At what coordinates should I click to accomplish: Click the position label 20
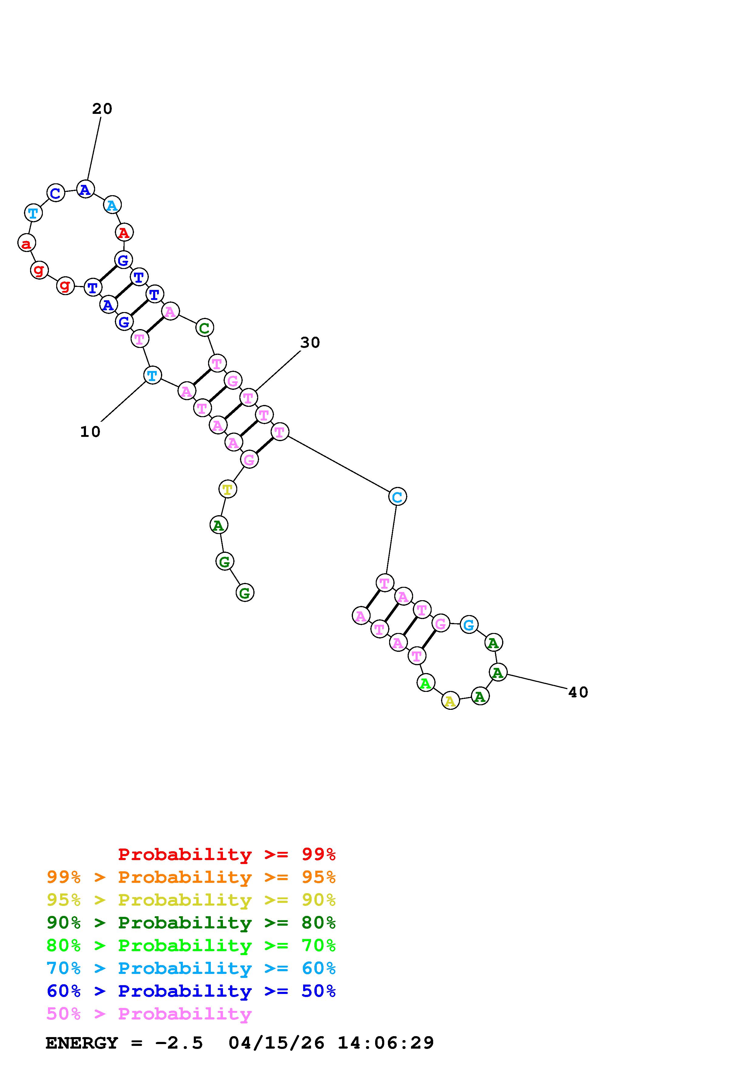(x=102, y=109)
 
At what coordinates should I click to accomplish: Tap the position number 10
(x=90, y=432)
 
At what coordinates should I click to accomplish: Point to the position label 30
(x=310, y=343)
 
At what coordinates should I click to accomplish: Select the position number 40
(x=578, y=692)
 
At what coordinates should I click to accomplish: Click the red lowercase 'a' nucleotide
(x=26, y=243)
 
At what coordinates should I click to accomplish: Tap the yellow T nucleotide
(x=227, y=489)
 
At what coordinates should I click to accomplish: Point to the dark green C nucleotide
(x=204, y=328)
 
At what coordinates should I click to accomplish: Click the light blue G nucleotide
(x=469, y=625)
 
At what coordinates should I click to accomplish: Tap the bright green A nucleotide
(x=426, y=683)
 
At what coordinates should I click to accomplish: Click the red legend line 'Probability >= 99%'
(x=227, y=854)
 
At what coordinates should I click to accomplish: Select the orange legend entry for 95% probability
(x=191, y=877)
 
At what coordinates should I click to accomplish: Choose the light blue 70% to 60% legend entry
(x=191, y=968)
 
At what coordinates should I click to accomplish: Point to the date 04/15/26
(x=276, y=1043)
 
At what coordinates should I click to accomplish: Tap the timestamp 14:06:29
(x=385, y=1043)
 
